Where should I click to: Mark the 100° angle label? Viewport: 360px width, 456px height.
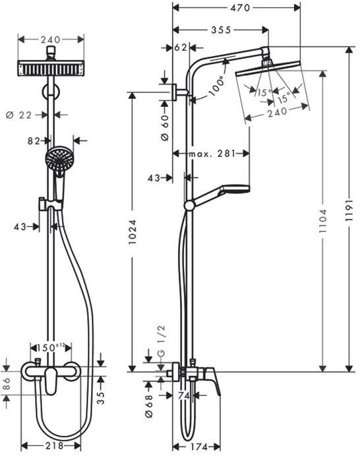point(217,86)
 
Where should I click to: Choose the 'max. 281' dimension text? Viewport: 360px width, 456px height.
point(212,153)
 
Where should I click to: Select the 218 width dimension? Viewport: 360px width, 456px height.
point(54,445)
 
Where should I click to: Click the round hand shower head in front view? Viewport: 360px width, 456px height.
point(57,160)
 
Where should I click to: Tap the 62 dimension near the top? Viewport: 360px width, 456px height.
point(181,48)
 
